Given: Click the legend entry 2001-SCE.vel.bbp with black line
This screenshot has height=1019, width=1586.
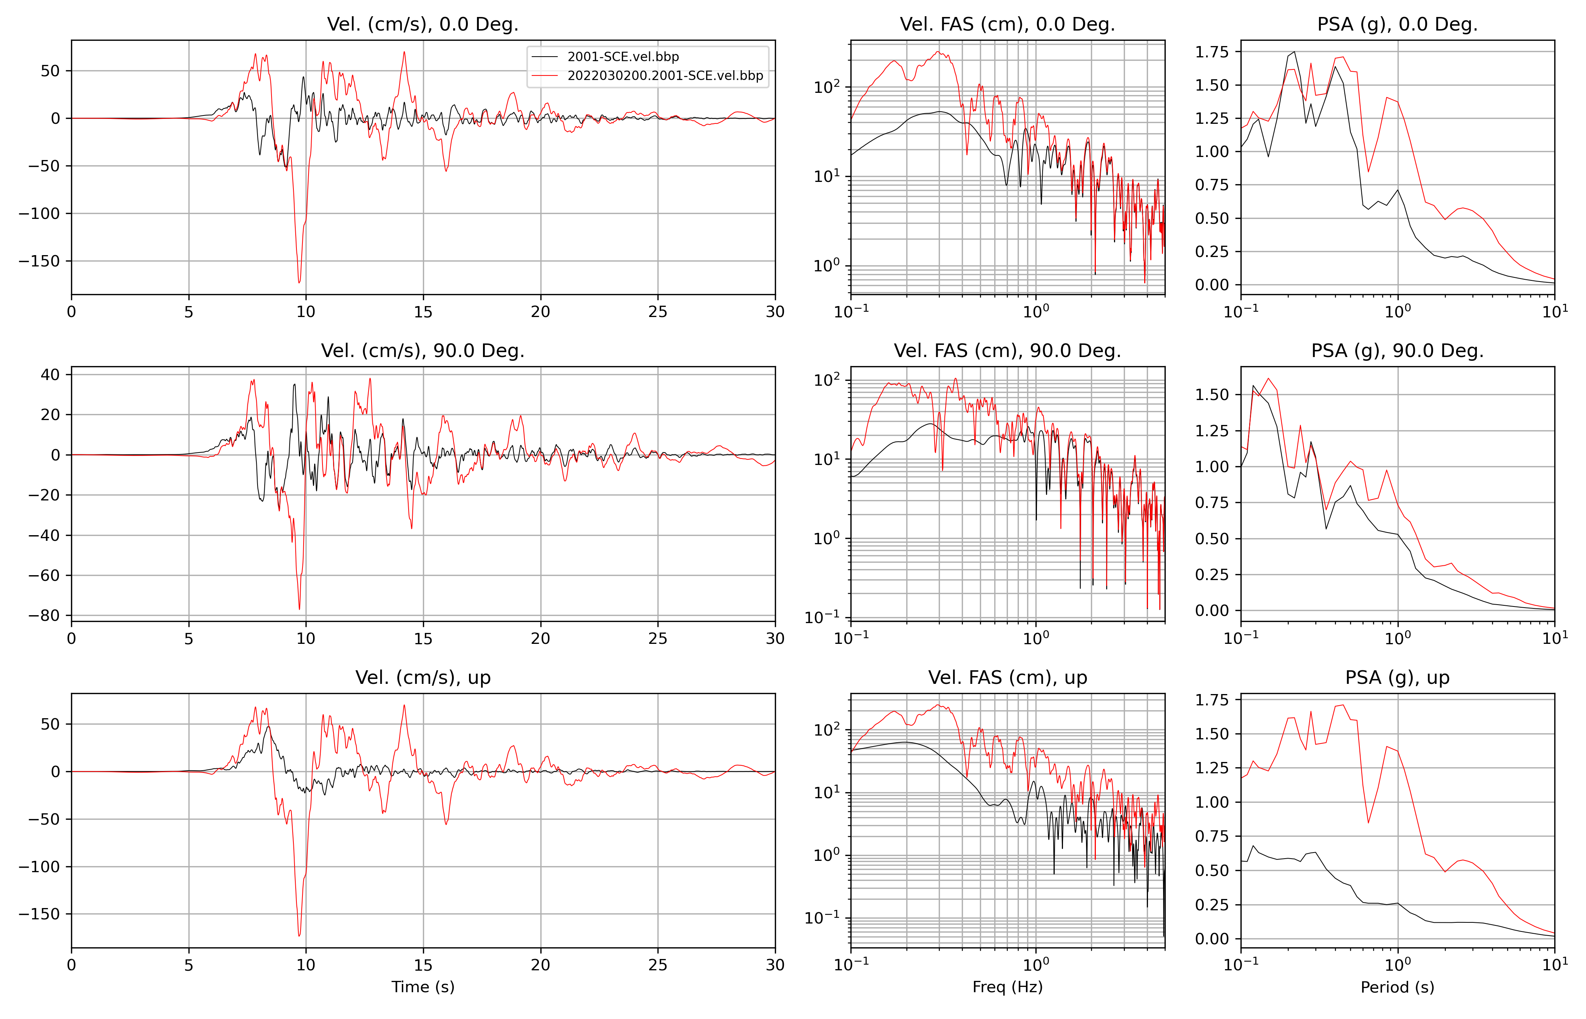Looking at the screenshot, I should tap(623, 57).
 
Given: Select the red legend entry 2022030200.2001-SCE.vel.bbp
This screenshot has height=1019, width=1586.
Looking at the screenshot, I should tap(665, 76).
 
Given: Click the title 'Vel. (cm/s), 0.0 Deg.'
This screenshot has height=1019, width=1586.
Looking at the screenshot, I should tap(422, 25).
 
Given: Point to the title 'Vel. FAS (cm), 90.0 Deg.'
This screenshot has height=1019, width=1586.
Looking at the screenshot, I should tap(1007, 351).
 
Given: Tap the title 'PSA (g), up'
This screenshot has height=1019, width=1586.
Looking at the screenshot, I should tap(1397, 677).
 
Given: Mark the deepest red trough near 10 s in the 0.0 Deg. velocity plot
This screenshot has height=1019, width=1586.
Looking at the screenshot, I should tap(299, 283).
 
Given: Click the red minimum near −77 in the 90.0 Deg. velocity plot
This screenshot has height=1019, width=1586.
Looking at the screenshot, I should tap(299, 609).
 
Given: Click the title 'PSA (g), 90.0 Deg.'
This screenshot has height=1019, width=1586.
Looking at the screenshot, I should tap(1397, 351).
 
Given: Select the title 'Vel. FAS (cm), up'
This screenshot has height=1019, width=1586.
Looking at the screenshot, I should tap(1007, 677).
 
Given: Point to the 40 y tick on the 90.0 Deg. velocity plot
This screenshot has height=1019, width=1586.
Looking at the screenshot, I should tap(50, 374).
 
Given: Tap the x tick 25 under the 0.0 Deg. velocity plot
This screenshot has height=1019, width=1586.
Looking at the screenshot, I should tap(657, 312).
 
